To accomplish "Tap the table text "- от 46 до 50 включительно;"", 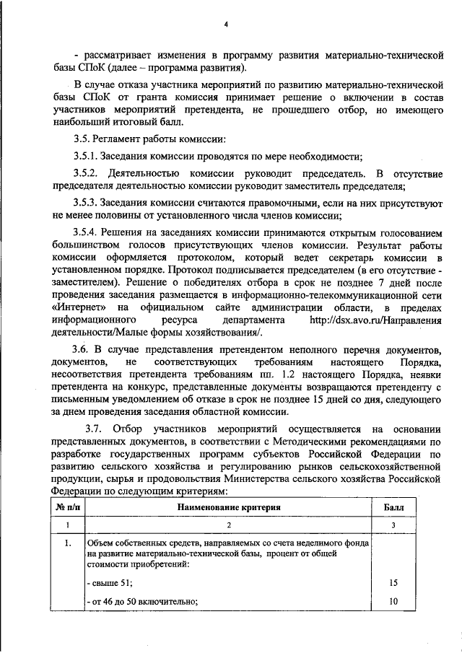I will [141, 599].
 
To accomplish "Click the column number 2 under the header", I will [227, 525].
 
